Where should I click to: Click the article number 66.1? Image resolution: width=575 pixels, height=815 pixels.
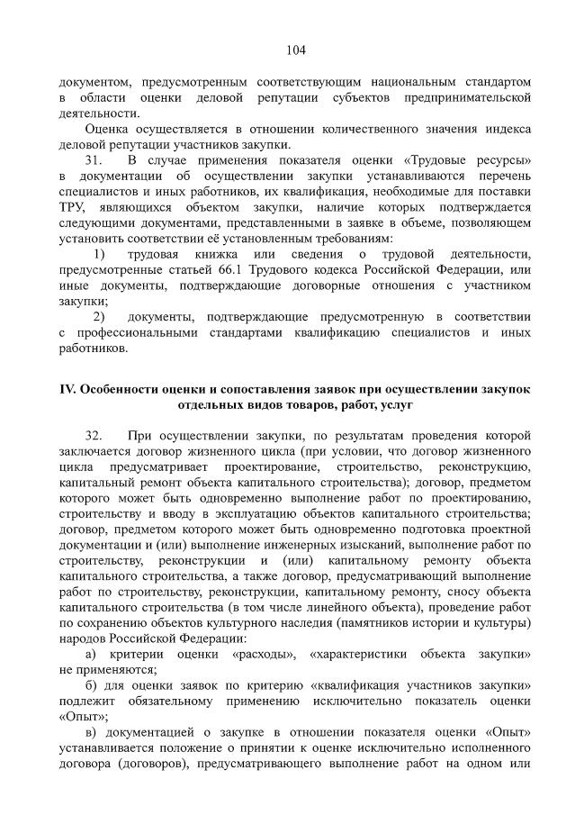pos(226,270)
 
